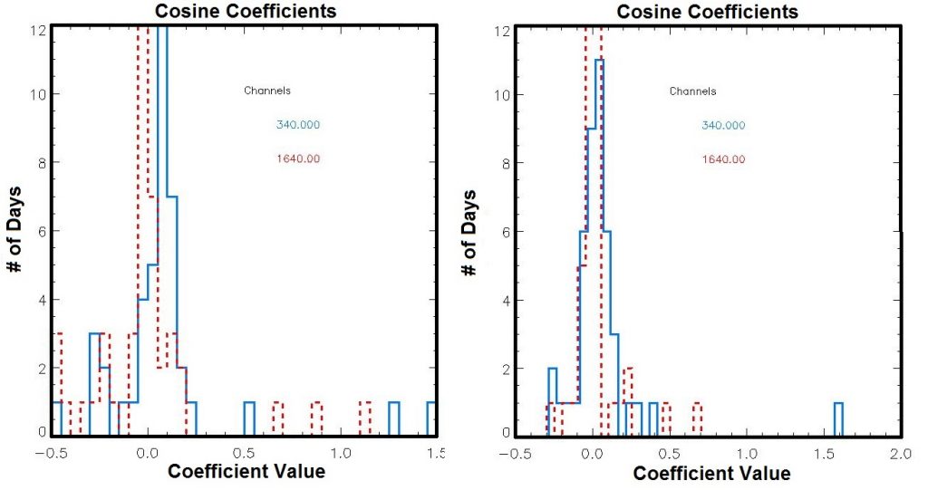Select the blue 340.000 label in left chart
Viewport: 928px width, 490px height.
tap(298, 125)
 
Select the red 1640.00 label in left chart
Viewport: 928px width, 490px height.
tap(298, 159)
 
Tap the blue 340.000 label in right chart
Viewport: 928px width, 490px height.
tap(723, 125)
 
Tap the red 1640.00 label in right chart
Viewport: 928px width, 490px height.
tap(723, 159)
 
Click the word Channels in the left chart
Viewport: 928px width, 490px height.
tap(266, 91)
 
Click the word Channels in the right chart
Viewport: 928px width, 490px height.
tap(692, 91)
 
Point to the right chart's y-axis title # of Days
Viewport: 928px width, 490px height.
tap(469, 233)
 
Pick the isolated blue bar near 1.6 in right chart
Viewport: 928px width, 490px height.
tap(838, 418)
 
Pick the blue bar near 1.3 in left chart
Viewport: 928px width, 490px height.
tap(394, 418)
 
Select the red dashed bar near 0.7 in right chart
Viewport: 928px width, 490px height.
tap(697, 418)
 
